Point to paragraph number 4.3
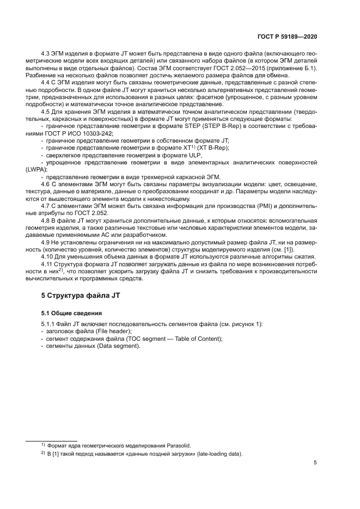click(47, 54)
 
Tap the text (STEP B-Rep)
click(222, 125)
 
